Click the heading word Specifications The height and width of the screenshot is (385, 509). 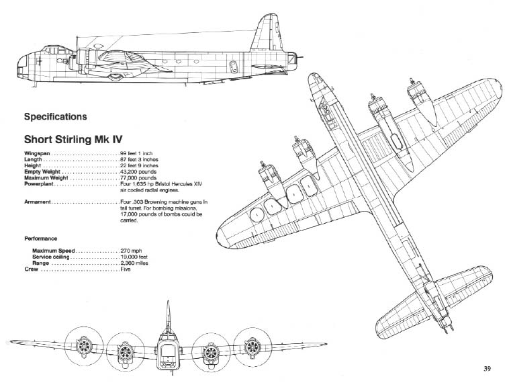pos(55,117)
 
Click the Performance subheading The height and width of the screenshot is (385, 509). pos(40,238)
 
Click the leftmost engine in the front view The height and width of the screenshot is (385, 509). pos(85,347)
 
